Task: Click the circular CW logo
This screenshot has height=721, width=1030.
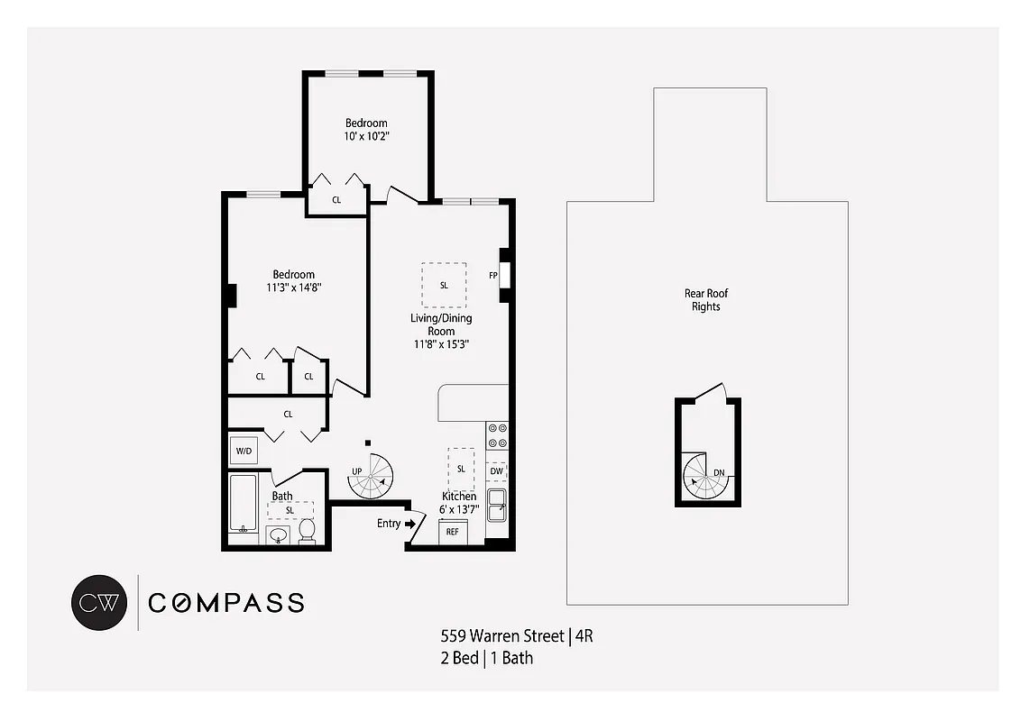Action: (x=98, y=601)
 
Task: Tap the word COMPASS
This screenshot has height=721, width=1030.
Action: (x=225, y=603)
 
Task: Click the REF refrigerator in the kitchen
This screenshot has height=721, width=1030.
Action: (x=452, y=532)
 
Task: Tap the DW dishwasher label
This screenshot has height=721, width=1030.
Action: (x=496, y=470)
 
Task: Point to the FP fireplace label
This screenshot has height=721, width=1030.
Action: (x=493, y=275)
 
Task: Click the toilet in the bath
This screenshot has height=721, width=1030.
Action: (x=307, y=532)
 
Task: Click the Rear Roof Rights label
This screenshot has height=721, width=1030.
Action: (x=706, y=300)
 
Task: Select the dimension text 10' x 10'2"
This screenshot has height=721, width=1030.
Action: (x=366, y=136)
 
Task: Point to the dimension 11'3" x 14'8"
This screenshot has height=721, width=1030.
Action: (x=294, y=287)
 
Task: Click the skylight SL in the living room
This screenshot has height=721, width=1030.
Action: (x=444, y=285)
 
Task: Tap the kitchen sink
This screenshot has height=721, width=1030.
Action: (x=497, y=507)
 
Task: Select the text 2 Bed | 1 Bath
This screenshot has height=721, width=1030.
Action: (x=486, y=658)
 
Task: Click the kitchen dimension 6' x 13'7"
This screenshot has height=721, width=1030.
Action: (x=459, y=510)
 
